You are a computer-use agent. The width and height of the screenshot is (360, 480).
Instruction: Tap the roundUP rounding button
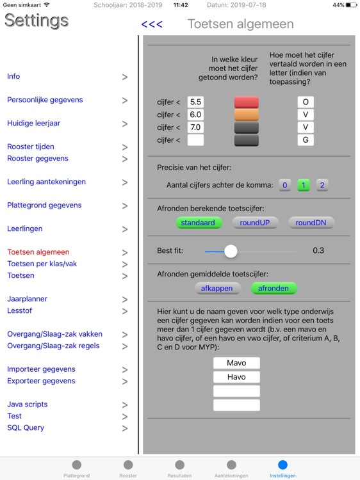[255, 223]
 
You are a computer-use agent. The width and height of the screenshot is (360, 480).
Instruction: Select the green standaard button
[199, 223]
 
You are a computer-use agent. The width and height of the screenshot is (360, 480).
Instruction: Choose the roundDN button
[311, 223]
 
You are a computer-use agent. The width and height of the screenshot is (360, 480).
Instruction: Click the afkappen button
[217, 288]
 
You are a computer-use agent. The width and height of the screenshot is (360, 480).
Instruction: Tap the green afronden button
[274, 288]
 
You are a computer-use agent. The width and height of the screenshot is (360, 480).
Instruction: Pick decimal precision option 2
[322, 186]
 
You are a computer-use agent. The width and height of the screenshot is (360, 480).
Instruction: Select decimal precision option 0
[285, 186]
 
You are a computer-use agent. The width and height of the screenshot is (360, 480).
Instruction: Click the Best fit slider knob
[231, 251]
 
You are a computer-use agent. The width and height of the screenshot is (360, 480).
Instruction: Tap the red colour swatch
[247, 102]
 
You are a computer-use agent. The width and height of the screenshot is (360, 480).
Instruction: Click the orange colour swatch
[247, 115]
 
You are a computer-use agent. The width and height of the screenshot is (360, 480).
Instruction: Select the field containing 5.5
[196, 102]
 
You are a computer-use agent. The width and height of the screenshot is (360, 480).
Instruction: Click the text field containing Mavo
[236, 364]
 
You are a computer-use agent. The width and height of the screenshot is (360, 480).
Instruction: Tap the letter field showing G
[306, 140]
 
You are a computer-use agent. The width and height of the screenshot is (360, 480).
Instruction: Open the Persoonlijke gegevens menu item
[45, 100]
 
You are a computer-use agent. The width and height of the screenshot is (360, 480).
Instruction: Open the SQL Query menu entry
[26, 428]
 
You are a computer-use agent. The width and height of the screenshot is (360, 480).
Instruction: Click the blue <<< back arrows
[152, 25]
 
